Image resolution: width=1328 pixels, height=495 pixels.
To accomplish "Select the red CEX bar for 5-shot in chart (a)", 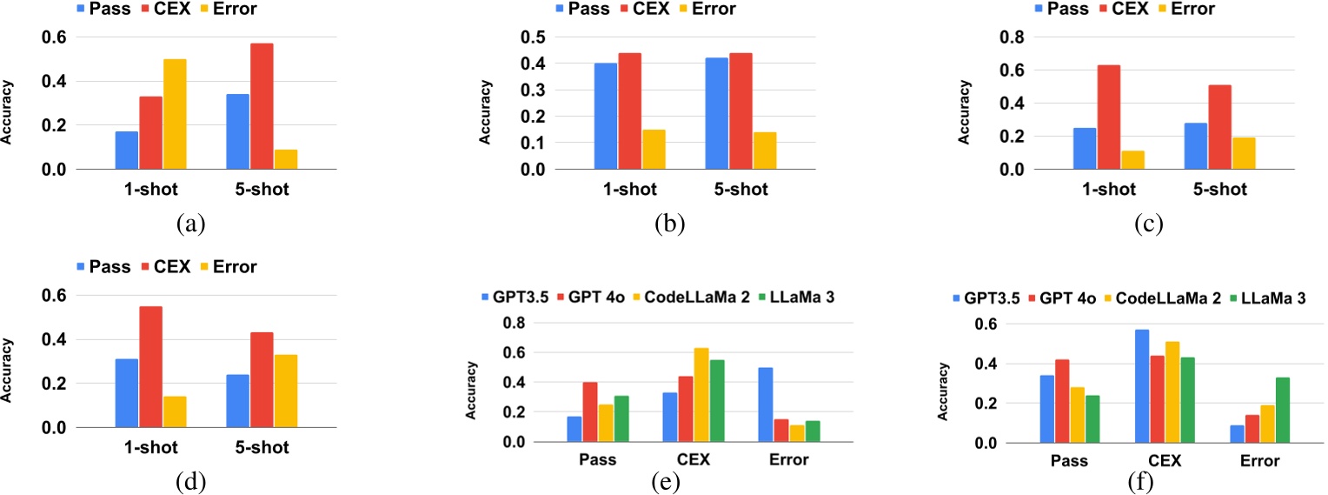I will click(262, 106).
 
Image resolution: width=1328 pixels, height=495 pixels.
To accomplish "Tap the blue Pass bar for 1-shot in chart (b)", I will click(606, 116).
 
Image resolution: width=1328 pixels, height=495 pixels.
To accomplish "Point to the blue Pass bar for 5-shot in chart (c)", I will click(1195, 146).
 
